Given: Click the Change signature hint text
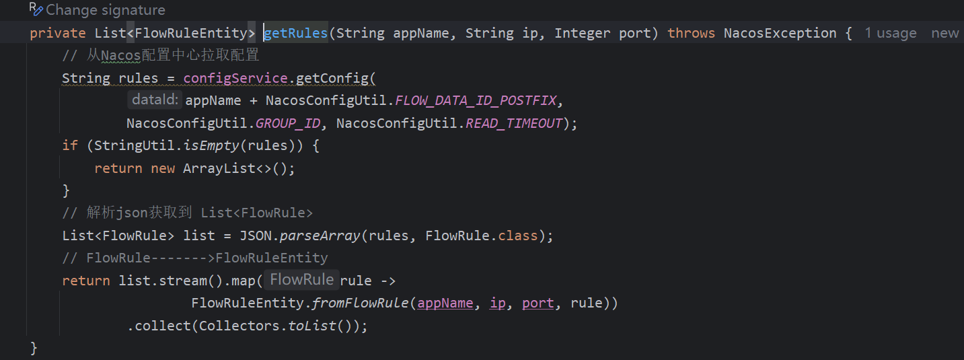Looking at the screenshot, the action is click(x=105, y=10).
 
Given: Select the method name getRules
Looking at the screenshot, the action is click(x=296, y=33).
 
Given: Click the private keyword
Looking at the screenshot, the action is click(x=58, y=33).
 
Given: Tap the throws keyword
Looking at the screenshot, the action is click(x=691, y=33).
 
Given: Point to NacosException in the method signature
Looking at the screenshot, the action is click(x=780, y=33).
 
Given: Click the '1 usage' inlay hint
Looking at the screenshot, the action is click(x=890, y=33).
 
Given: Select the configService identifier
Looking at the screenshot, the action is click(x=235, y=78).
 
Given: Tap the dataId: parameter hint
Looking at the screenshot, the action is click(x=155, y=100).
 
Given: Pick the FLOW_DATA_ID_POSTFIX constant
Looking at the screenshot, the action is click(x=476, y=101).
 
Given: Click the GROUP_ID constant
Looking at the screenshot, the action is click(x=288, y=123).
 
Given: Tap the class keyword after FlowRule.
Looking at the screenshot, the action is click(x=517, y=236).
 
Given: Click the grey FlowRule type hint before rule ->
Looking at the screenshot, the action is click(x=301, y=280).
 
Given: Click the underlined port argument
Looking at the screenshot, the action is click(x=537, y=303).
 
